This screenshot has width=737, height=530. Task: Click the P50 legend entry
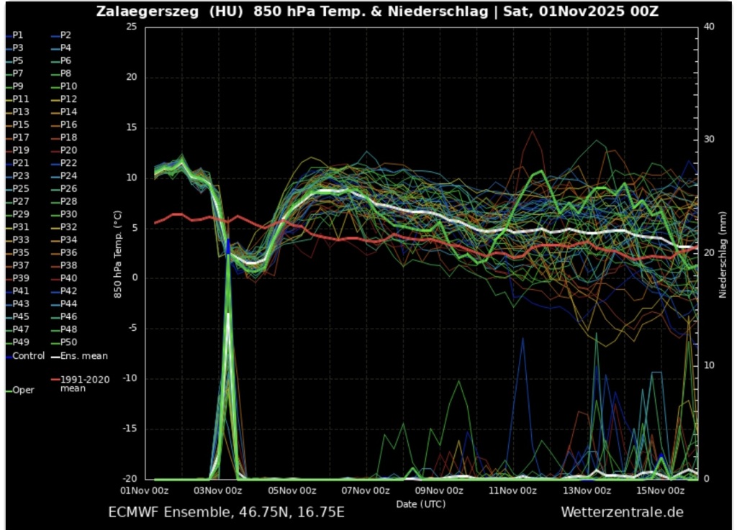point(68,343)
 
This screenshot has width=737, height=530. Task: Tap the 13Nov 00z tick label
point(586,491)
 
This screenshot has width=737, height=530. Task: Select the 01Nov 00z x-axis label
point(144,491)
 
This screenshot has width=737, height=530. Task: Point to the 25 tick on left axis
point(130,27)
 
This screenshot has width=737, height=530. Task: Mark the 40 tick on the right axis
point(709,27)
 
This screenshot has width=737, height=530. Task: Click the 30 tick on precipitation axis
point(709,140)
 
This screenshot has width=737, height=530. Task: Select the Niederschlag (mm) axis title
point(724,252)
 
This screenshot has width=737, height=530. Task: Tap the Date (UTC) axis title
point(420,503)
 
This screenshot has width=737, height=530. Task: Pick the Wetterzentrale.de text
point(622,512)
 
